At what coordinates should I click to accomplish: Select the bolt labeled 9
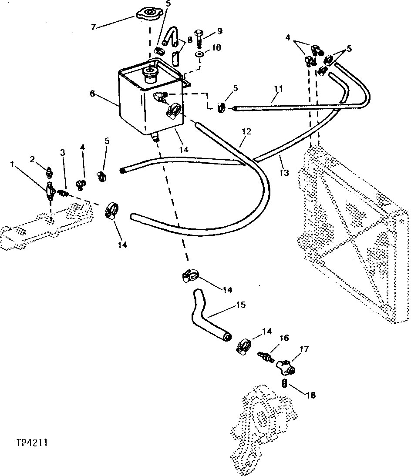(x=199, y=39)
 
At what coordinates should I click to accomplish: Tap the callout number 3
(x=63, y=152)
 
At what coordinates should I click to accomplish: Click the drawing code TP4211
(x=33, y=443)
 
